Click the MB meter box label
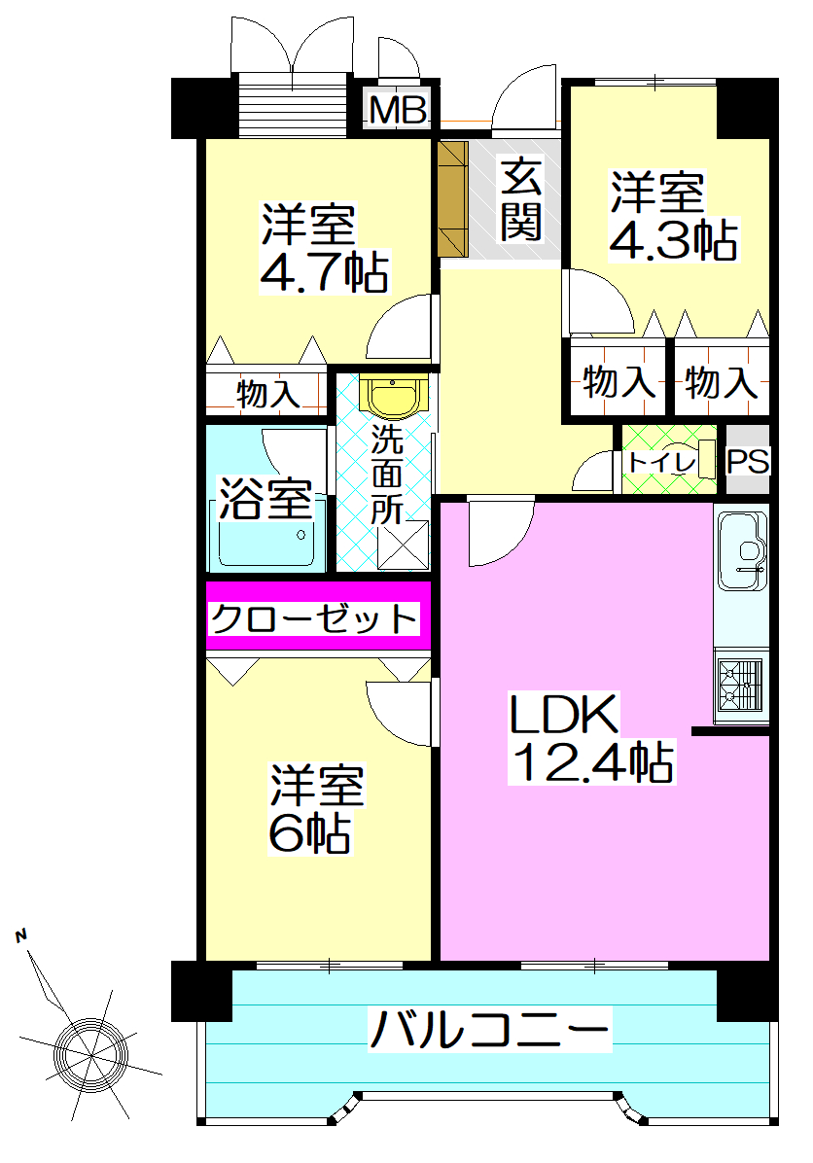pyautogui.click(x=399, y=112)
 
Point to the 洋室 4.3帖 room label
pyautogui.click(x=671, y=216)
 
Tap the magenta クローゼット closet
pyautogui.click(x=317, y=617)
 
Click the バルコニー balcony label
pyautogui.click(x=489, y=1030)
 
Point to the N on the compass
pyautogui.click(x=20, y=936)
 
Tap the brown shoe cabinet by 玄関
pyautogui.click(x=452, y=198)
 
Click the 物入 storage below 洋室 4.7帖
pyautogui.click(x=265, y=394)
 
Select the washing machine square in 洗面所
pyautogui.click(x=403, y=544)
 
